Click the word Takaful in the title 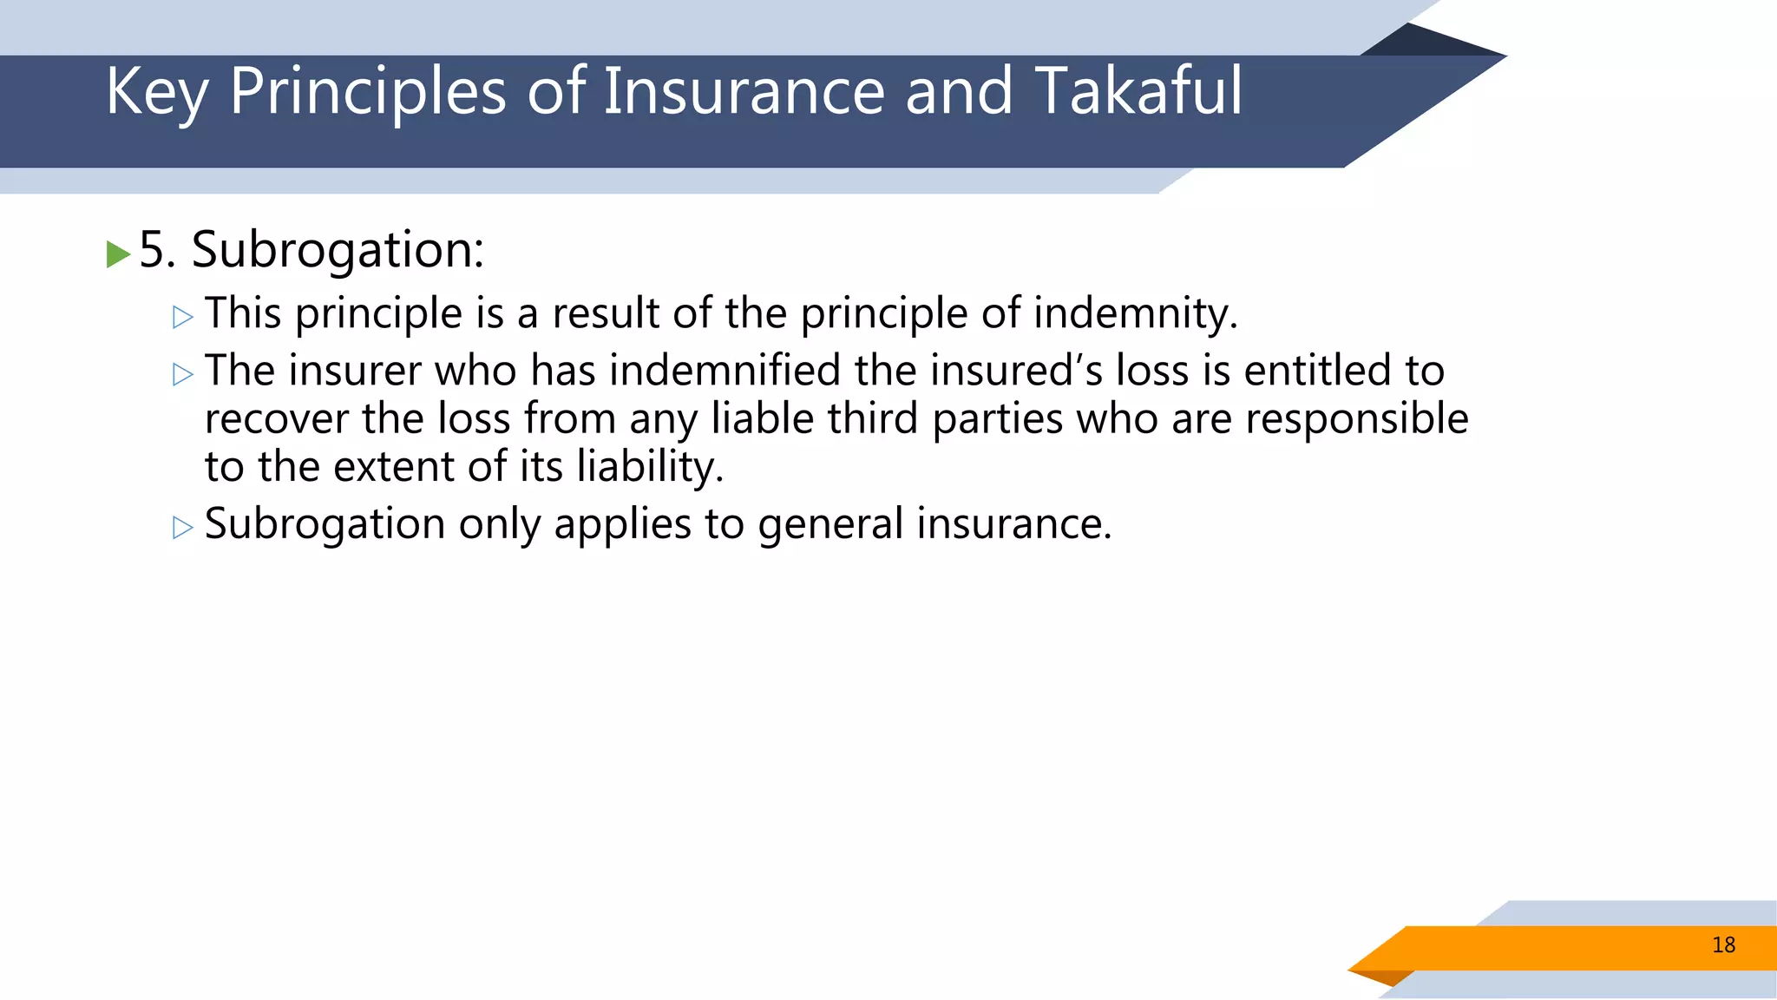[x=1138, y=90]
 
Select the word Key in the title [x=156, y=92]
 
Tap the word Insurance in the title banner [x=744, y=90]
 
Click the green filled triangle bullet [x=118, y=254]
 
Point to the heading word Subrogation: [x=338, y=251]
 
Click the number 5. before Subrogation [x=157, y=250]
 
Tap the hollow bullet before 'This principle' [x=183, y=318]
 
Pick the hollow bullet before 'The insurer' [x=183, y=375]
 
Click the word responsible [x=1356, y=419]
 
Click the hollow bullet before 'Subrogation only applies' [x=183, y=528]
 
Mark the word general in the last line [x=830, y=525]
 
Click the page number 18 [x=1723, y=945]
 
